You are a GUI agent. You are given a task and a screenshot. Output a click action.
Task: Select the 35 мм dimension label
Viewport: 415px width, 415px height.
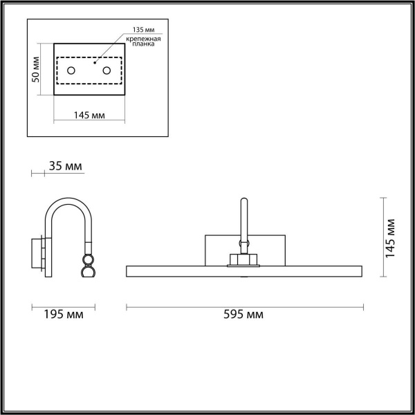click(x=66, y=167)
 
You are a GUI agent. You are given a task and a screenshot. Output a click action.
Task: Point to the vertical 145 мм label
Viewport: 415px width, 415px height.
click(x=391, y=237)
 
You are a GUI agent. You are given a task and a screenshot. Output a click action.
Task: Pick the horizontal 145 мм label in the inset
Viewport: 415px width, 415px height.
click(x=89, y=115)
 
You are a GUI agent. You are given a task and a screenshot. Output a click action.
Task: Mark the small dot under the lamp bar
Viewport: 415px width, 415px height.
click(x=243, y=277)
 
